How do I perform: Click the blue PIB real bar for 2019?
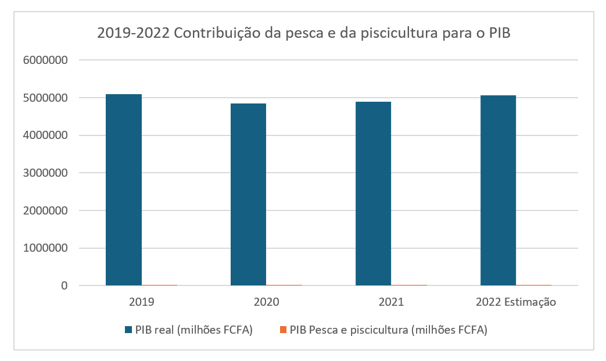124,190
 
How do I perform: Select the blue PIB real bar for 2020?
248,194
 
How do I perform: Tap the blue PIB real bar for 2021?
373,194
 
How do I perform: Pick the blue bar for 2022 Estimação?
498,190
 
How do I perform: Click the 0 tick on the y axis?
64,286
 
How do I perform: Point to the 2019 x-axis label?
141,302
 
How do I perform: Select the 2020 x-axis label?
266,302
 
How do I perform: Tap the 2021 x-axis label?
391,302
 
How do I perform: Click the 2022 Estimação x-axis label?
516,302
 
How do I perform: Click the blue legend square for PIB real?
128,330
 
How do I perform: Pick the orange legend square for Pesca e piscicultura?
283,330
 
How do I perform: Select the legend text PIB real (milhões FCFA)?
194,330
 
